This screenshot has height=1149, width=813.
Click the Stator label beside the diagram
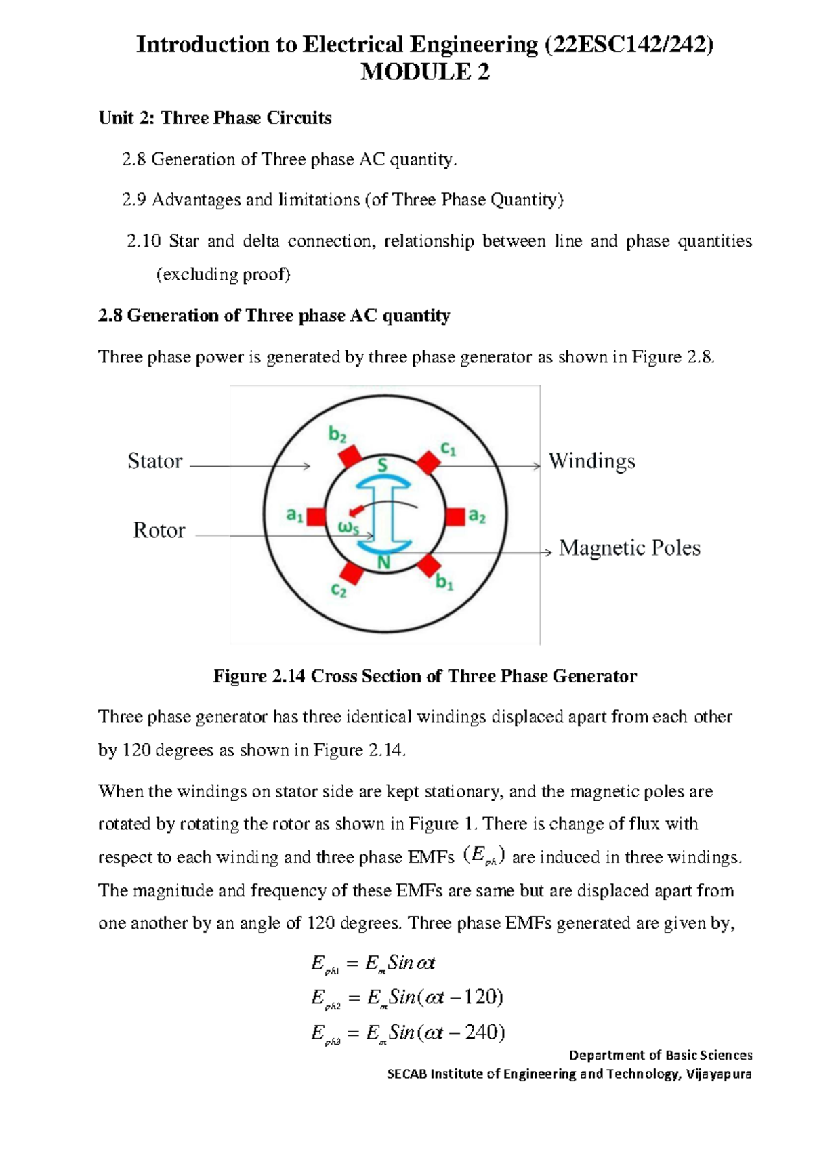(155, 461)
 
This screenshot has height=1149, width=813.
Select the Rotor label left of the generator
(159, 530)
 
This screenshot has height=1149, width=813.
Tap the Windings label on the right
(592, 461)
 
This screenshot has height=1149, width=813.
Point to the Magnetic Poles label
(629, 548)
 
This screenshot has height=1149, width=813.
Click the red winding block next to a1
(316, 517)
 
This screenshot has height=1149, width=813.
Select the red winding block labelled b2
(350, 457)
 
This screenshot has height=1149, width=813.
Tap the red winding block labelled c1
(428, 463)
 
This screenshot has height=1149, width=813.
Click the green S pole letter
(383, 465)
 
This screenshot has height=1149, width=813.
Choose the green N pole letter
(384, 562)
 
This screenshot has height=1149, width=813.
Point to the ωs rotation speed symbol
(348, 527)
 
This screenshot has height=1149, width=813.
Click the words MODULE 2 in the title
(425, 72)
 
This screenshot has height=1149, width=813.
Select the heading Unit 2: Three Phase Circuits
(215, 118)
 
